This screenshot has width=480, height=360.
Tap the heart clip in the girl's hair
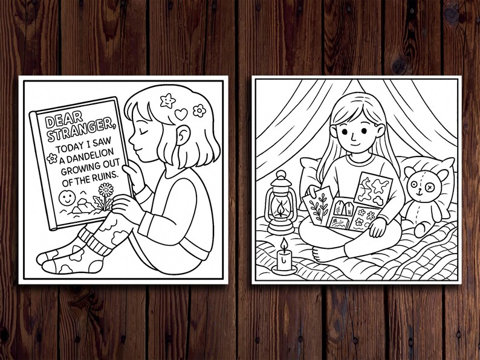(181, 113)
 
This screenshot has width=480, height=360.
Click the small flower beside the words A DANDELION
(53, 159)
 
